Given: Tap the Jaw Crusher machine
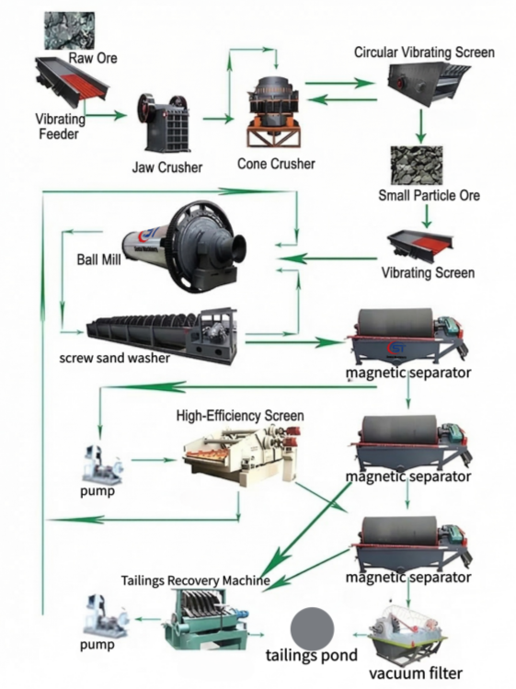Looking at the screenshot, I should point(166,123).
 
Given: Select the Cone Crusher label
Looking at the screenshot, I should point(276,164).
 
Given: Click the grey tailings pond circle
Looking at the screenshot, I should point(314,629).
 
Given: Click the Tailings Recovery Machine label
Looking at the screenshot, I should point(196,580).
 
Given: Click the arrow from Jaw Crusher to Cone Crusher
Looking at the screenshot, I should point(218,119).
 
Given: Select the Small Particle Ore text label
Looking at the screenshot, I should point(429,195).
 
